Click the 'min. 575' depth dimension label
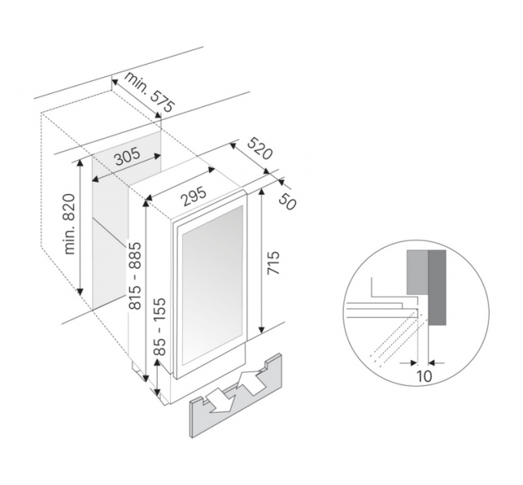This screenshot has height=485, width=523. [150, 92]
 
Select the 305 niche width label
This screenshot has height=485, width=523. [128, 157]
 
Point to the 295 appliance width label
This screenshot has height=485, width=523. [194, 197]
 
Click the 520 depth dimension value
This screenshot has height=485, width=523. [260, 148]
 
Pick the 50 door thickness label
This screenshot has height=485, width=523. [287, 201]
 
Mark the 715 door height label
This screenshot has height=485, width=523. [274, 263]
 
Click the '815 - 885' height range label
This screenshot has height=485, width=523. [135, 276]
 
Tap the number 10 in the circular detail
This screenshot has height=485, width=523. [425, 376]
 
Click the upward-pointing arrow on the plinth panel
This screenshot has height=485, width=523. [252, 379]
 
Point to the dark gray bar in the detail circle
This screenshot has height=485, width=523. [438, 287]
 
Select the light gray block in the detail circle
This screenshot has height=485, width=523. [418, 272]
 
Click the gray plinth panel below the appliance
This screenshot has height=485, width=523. [236, 396]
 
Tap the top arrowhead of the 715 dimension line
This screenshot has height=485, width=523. [261, 193]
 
